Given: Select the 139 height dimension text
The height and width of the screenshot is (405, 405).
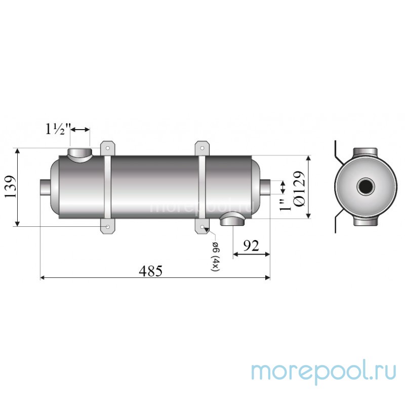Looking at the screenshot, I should [11, 187].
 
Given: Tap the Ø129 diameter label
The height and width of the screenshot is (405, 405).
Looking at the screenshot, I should [299, 187].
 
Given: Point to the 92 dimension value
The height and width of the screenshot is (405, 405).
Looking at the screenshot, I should [252, 246].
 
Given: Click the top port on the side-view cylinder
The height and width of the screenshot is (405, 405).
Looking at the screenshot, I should [79, 154].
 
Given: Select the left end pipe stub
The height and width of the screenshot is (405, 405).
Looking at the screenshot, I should [45, 187].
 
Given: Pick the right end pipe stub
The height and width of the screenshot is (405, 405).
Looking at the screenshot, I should [265, 187].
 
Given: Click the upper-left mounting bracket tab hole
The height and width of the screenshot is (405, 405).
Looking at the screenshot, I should [107, 148].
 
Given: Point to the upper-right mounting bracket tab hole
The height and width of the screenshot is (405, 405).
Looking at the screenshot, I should [201, 148].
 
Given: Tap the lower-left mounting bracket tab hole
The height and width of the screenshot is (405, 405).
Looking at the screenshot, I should [107, 227].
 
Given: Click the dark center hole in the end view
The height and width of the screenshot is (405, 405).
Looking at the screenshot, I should [363, 187].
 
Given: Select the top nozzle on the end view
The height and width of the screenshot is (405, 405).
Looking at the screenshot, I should [363, 153].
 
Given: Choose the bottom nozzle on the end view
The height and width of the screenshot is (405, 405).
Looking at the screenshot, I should [363, 221].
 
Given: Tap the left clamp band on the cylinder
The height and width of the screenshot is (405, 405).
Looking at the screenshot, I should [107, 187].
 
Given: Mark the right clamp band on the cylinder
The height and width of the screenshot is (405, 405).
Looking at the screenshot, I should [202, 187].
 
